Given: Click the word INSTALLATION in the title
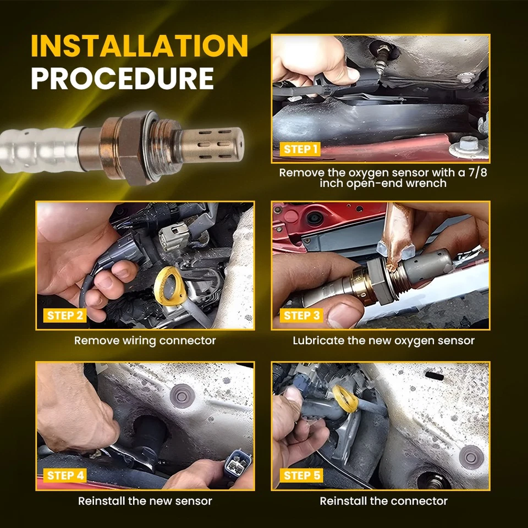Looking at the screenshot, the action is pos(139,46).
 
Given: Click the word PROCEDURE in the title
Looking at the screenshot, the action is pos(123,78).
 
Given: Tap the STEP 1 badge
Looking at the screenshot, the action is pos(300,149).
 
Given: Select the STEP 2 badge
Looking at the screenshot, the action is pos(65,316).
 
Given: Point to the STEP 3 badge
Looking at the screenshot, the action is pos(301,316).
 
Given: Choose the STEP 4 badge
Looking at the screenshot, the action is pos(65,475).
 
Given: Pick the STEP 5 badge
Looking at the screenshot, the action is pos(301,475).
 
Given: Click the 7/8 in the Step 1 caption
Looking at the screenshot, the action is pos(477,172).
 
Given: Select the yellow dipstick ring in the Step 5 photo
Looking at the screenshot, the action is pos(345,399).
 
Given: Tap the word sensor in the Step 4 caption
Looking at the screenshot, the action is pos(195,501).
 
